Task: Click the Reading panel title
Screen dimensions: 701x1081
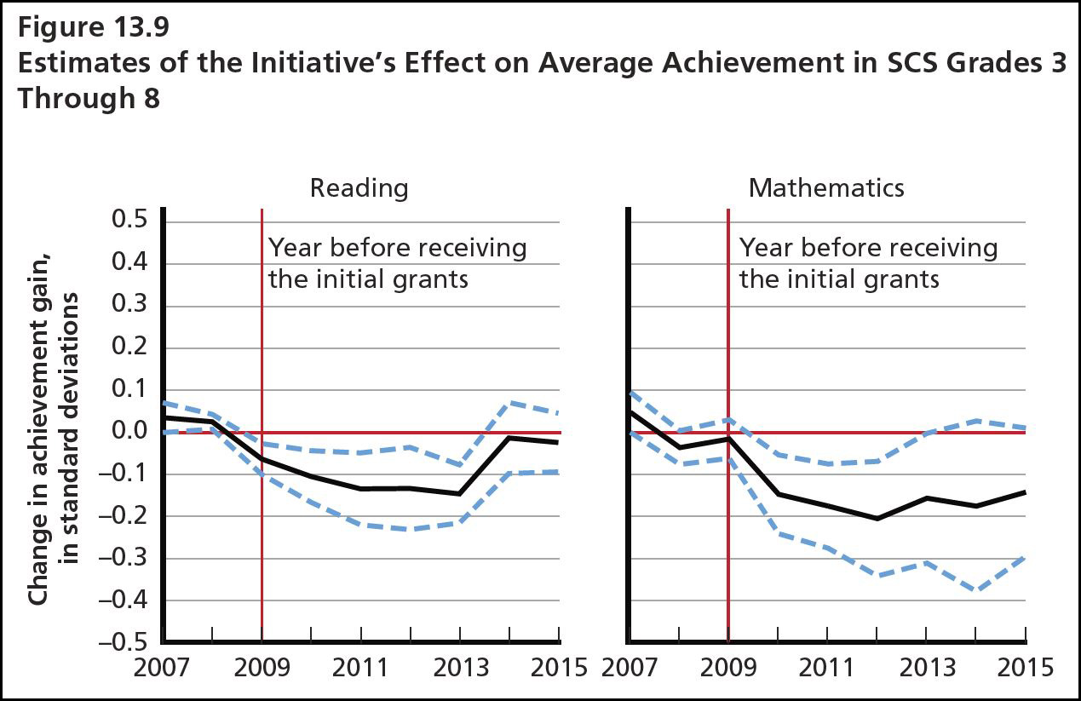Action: pos(359,188)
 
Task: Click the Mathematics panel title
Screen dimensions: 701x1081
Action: pos(825,188)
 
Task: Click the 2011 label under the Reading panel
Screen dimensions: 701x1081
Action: pos(361,667)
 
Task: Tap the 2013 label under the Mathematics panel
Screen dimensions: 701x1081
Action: pos(926,667)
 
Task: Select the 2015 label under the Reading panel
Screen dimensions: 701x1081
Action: pos(558,667)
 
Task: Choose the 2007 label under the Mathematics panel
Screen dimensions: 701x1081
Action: pos(630,667)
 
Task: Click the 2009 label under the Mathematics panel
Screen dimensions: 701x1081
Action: pos(728,667)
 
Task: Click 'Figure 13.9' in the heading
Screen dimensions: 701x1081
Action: pos(94,28)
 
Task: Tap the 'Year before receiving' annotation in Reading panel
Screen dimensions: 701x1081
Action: pos(398,248)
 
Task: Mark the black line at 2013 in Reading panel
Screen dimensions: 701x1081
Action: pos(460,493)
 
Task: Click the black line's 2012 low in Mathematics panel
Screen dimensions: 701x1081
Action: pos(877,518)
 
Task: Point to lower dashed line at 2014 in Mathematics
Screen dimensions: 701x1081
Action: pos(975,589)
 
